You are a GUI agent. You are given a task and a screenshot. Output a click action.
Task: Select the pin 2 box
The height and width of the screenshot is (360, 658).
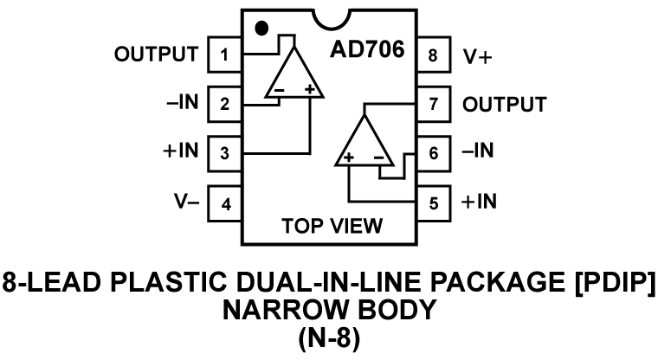tap(224, 106)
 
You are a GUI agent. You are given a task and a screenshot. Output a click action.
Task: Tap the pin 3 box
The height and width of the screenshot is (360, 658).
tap(224, 154)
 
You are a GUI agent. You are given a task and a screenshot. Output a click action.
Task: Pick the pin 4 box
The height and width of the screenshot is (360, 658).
tap(224, 203)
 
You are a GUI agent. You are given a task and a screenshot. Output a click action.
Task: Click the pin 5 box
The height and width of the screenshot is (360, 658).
tap(432, 203)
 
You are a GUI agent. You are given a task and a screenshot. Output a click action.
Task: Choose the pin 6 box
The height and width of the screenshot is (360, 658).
tap(432, 154)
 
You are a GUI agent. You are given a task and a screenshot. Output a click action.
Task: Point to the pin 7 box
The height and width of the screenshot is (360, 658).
tap(432, 106)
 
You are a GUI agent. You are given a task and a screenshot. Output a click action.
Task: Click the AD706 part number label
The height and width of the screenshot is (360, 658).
tap(366, 48)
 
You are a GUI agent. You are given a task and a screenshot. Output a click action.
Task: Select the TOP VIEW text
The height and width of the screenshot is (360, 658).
tap(332, 227)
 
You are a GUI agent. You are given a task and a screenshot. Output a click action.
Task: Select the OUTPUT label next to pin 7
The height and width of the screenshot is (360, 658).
tap(505, 106)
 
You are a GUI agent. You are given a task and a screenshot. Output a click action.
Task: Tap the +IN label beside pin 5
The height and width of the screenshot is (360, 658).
tap(479, 203)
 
